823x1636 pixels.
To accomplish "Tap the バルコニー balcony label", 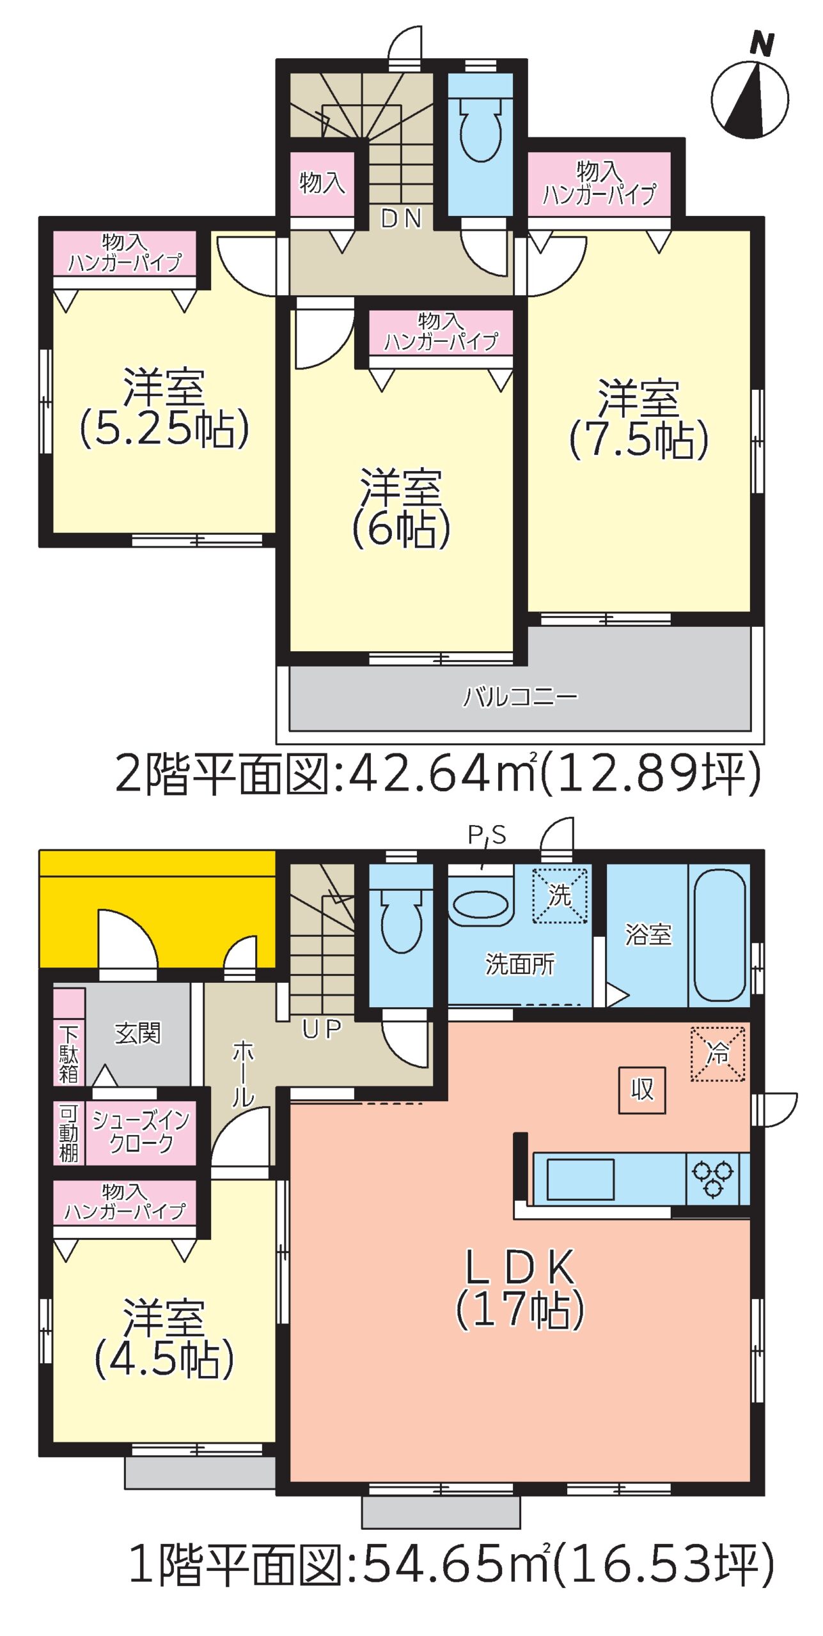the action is click(521, 696).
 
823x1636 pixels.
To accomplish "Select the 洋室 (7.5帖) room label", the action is click(639, 419).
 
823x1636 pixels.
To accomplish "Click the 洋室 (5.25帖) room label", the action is click(164, 408).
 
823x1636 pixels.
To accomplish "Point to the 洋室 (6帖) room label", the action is click(402, 508).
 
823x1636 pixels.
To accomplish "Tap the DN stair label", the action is click(402, 219).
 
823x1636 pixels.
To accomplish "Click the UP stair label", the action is click(322, 1029).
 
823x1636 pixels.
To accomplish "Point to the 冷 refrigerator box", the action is click(717, 1054).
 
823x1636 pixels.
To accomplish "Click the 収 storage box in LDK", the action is click(642, 1090).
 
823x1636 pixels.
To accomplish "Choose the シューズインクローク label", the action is click(141, 1132).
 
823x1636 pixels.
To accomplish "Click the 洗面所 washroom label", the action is click(520, 964).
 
